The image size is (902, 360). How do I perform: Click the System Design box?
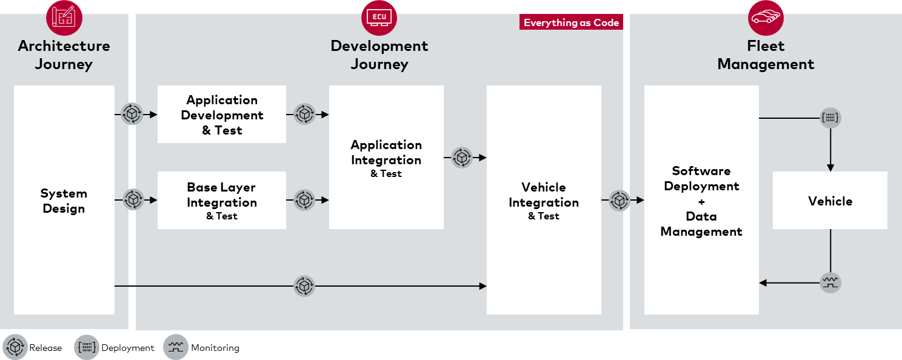[64, 200]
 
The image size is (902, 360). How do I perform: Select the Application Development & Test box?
[222, 115]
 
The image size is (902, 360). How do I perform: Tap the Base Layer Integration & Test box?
[222, 201]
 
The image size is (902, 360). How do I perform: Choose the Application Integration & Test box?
[386, 158]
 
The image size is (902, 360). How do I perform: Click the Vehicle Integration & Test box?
[544, 200]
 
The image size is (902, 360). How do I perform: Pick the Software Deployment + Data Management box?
[701, 200]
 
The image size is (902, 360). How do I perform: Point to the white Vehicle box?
[830, 201]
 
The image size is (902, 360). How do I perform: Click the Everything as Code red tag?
[571, 23]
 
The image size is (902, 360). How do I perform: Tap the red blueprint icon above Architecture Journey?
[64, 18]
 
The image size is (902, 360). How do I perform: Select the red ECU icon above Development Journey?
[379, 18]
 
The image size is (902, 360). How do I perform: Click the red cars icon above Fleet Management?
[766, 18]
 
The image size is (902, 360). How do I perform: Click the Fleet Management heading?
[766, 55]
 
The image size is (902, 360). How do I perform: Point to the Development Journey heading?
[379, 55]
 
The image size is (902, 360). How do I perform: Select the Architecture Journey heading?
[64, 55]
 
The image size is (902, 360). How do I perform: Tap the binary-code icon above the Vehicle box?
[830, 118]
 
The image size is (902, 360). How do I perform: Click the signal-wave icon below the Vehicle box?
[830, 282]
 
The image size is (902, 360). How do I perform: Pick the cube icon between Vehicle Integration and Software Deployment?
[620, 200]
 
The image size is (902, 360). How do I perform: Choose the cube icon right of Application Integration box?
[462, 158]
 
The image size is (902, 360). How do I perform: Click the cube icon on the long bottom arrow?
[304, 285]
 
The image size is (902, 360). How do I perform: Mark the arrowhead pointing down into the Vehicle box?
[830, 167]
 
